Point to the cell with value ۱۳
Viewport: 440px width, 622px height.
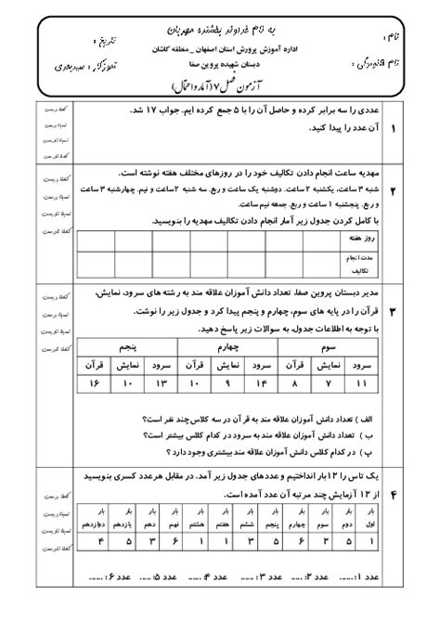(165, 383)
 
